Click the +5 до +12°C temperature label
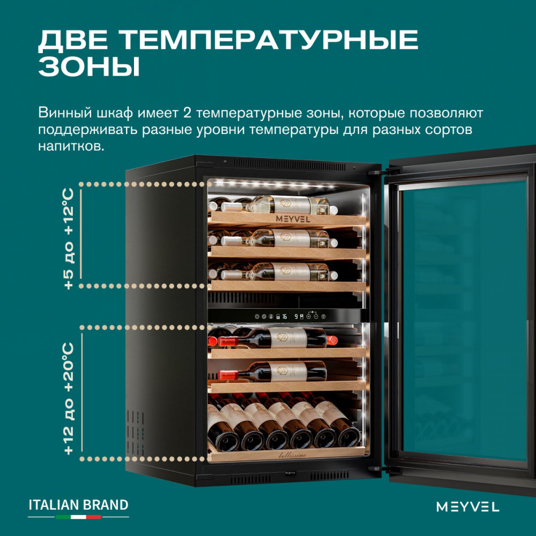69,239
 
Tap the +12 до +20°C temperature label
69,399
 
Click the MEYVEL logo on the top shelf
293,219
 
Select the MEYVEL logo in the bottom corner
467,507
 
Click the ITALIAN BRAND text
79,505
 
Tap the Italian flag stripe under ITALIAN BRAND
79,517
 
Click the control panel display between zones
290,316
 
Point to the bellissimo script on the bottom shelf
293,455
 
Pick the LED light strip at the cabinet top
273,184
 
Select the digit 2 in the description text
187,113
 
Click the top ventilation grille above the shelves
290,165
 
